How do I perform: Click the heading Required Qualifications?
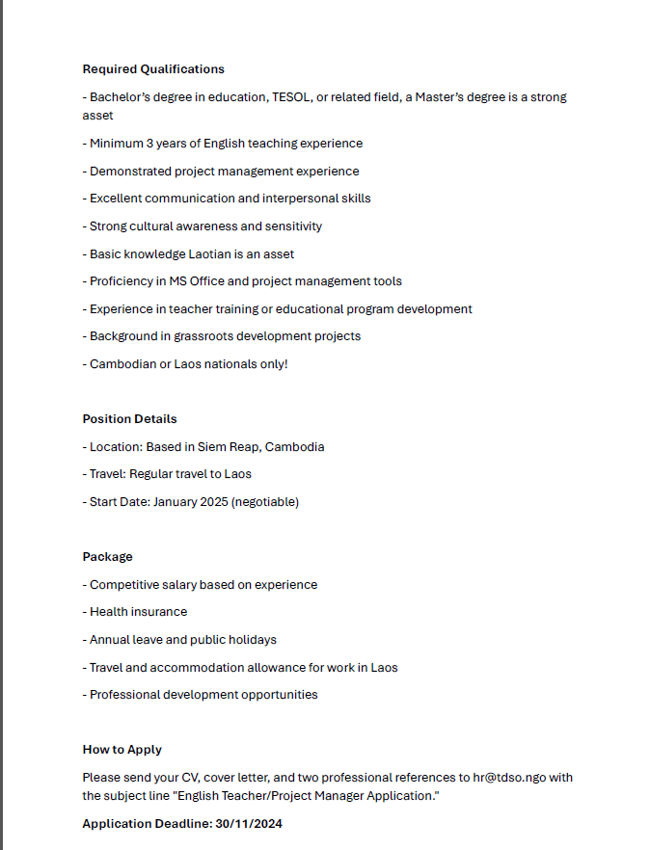click(x=153, y=69)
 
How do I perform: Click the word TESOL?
click(x=293, y=97)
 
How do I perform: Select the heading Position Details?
click(x=129, y=419)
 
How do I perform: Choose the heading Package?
click(x=108, y=557)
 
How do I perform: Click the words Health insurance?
click(x=139, y=612)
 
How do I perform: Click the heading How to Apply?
click(x=122, y=750)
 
